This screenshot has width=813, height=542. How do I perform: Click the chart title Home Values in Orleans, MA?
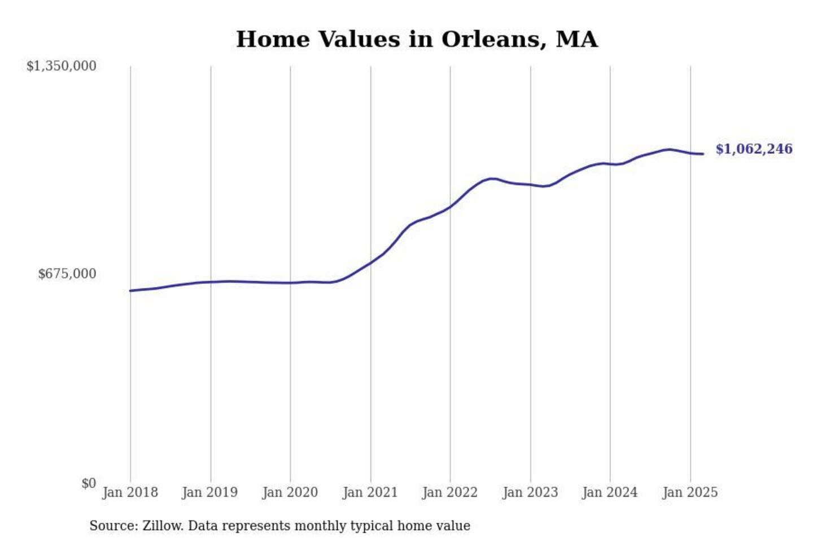(x=417, y=40)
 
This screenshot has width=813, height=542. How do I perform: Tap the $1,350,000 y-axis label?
(x=62, y=66)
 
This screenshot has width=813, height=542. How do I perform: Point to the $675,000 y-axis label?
(x=67, y=274)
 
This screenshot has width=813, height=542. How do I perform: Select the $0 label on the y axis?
(x=89, y=483)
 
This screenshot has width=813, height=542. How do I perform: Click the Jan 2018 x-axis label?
(x=130, y=492)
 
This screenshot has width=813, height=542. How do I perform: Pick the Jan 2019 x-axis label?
(x=210, y=492)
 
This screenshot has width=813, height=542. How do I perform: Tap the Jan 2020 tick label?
(x=290, y=492)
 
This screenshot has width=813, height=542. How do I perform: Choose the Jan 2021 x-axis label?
(x=370, y=492)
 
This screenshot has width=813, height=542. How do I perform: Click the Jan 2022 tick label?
(x=450, y=492)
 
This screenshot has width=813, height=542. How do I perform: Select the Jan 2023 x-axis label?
(x=530, y=492)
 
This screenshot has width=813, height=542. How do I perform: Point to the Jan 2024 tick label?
(x=610, y=492)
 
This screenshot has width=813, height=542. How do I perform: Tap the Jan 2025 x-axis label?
(x=690, y=492)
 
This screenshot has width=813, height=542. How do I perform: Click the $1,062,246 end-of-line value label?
(x=754, y=149)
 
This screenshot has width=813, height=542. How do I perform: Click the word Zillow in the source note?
(x=163, y=526)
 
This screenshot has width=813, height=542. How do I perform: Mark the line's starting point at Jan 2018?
(x=131, y=291)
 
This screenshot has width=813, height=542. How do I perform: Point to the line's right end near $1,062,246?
(x=702, y=154)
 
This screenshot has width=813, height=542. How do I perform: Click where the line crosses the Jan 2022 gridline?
(x=451, y=207)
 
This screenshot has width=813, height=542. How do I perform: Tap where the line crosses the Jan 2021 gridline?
(x=371, y=263)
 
